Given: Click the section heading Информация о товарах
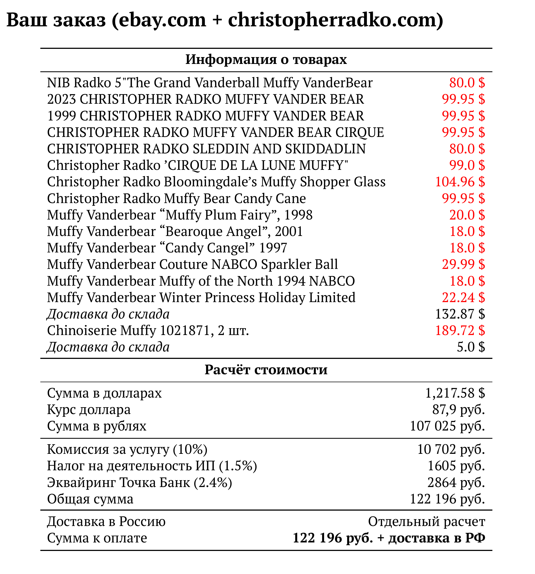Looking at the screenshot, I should pyautogui.click(x=266, y=60).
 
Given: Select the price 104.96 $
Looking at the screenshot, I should pyautogui.click(x=459, y=182).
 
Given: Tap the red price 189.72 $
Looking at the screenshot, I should pyautogui.click(x=459, y=330).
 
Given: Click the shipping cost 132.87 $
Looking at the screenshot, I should pyautogui.click(x=459, y=314).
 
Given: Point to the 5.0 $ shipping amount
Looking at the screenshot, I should pyautogui.click(x=470, y=347).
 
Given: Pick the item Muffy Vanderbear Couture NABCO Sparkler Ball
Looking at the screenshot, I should pyautogui.click(x=192, y=265).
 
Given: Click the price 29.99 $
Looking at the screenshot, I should pyautogui.click(x=463, y=265).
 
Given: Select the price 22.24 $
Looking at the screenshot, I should pyautogui.click(x=463, y=298).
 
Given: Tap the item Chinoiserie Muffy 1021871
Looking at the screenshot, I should pyautogui.click(x=148, y=330).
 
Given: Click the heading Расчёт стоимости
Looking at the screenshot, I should pyautogui.click(x=266, y=370).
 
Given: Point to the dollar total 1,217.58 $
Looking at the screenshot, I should pyautogui.click(x=455, y=393).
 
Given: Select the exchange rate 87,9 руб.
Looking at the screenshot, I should pyautogui.click(x=458, y=409).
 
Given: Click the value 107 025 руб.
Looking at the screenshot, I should pyautogui.click(x=447, y=426).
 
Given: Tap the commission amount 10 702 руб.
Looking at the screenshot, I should pyautogui.click(x=451, y=449).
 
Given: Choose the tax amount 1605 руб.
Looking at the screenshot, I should pyautogui.click(x=456, y=466).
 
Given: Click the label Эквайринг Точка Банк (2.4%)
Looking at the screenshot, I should pyautogui.click(x=139, y=482).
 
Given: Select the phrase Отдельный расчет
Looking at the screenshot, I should pyautogui.click(x=426, y=521).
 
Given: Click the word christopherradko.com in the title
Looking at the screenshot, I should pyautogui.click(x=335, y=20).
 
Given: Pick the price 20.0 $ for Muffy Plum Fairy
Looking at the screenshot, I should pyautogui.click(x=467, y=215).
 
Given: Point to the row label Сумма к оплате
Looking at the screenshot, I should pyautogui.click(x=97, y=538).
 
